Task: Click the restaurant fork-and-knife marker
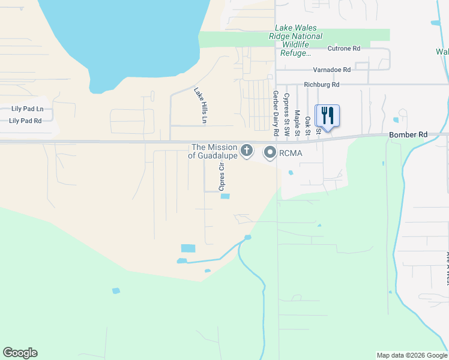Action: [x=327, y=115]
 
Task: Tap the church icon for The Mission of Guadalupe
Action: [x=247, y=151]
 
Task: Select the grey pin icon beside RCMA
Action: [x=270, y=153]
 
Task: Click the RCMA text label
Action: [x=291, y=153]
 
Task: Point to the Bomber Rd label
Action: [x=408, y=135]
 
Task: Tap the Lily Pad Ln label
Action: [x=28, y=109]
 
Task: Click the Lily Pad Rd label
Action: [x=25, y=121]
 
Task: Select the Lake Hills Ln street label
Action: [x=200, y=106]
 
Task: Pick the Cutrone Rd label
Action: [x=344, y=48]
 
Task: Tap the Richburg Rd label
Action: [x=322, y=85]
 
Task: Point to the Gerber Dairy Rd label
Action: [x=276, y=113]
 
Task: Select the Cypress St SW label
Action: [x=287, y=113]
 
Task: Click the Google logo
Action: [x=20, y=353]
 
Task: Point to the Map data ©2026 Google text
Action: [x=411, y=355]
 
